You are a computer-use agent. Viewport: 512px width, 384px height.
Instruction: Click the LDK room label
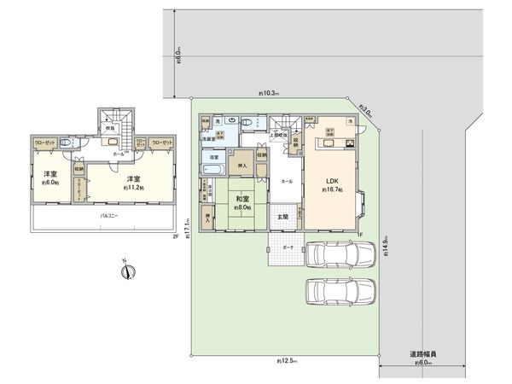[x=332, y=181]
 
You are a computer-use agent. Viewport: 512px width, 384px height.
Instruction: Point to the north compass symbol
[x=126, y=272]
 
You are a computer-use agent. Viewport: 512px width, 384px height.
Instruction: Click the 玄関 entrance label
[x=283, y=216]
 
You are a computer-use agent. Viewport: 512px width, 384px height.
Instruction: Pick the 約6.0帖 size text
[x=49, y=182]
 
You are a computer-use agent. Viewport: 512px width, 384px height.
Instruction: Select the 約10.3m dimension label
[x=270, y=93]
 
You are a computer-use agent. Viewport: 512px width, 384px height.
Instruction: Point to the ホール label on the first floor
[x=287, y=181]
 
